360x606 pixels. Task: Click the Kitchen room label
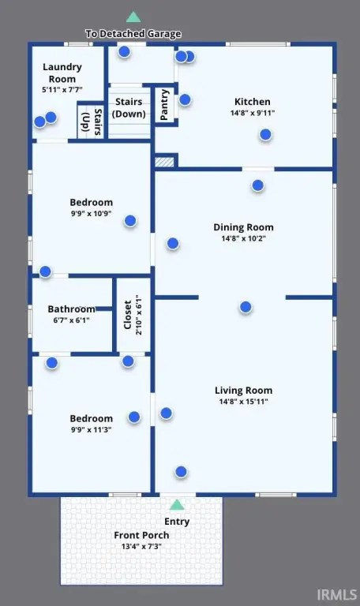(x=252, y=102)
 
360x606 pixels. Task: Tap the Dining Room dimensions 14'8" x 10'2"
(x=243, y=238)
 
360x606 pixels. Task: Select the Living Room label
(x=243, y=391)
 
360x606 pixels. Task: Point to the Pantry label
(x=164, y=104)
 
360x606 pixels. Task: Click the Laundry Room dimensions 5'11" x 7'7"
(x=62, y=90)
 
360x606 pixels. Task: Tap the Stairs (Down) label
(x=129, y=108)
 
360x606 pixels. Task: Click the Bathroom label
(x=72, y=309)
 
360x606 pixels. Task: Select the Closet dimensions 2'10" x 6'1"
(x=139, y=315)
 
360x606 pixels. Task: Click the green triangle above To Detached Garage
(x=133, y=17)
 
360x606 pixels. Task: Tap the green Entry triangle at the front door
(x=177, y=505)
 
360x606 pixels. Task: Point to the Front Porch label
(x=141, y=535)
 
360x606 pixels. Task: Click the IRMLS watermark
(x=337, y=594)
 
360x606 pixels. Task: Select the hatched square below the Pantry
(x=164, y=162)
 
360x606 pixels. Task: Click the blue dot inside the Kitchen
(x=265, y=134)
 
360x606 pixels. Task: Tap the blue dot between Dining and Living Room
(x=246, y=307)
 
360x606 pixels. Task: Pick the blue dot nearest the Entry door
(x=181, y=472)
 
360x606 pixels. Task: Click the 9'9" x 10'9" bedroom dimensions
(x=92, y=213)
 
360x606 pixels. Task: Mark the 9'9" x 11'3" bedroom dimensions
(x=92, y=429)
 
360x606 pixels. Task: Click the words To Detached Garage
(x=133, y=34)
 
